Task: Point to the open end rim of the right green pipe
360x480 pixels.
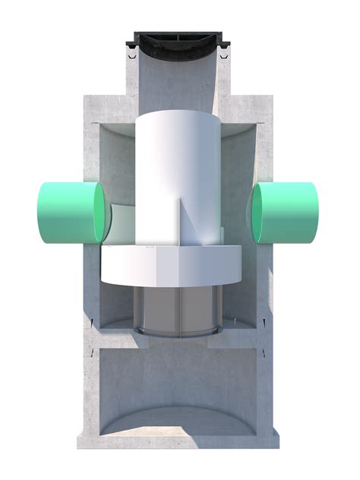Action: tap(257, 213)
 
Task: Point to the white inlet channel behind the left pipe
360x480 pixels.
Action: tap(123, 224)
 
